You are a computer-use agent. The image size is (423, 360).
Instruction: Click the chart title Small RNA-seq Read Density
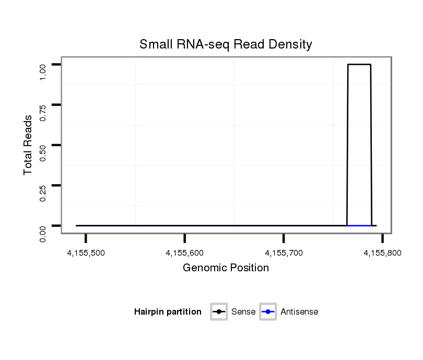point(226,44)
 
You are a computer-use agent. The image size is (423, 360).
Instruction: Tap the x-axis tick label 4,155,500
point(86,253)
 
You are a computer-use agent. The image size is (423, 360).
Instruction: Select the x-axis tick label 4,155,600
point(185,253)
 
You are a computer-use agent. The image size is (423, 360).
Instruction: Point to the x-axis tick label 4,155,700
point(284,253)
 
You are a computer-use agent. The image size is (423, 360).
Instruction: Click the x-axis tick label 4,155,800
point(383,253)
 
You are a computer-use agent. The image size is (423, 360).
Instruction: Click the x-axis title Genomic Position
point(226,268)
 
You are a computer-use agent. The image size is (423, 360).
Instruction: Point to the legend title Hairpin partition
point(168,312)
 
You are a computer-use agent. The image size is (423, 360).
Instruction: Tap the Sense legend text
point(243,312)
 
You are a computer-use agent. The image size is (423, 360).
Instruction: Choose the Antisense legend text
point(299,312)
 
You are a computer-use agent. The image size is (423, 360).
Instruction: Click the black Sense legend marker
point(219,312)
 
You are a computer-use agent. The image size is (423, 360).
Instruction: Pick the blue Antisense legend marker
point(267,312)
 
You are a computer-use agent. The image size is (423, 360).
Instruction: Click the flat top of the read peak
point(359,65)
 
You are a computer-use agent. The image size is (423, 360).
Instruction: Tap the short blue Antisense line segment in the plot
point(359,225)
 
